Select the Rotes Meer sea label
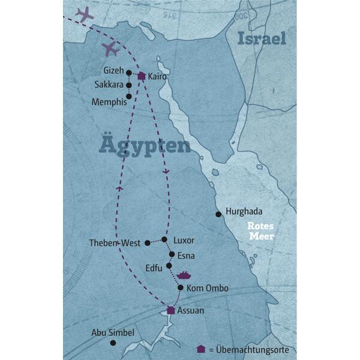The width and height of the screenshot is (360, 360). pos(262,231)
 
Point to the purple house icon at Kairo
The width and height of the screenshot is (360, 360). pos(141,76)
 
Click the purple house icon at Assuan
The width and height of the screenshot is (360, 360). pos(171,310)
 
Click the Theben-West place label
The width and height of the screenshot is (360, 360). pos(114,243)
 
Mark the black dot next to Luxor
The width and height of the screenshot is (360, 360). pos(164,239)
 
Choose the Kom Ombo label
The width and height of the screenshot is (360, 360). pos(208,289)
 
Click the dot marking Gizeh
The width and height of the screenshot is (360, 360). pos(128,73)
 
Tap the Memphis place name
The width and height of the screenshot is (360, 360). pos(109,102)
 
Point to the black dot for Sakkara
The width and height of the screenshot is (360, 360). pos(128,85)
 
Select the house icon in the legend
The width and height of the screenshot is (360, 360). pos(200,349)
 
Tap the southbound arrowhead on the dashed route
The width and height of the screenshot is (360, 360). pos(166,172)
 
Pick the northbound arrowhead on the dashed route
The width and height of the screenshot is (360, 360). pos(119,189)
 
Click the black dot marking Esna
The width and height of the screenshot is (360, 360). pos(172,254)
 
